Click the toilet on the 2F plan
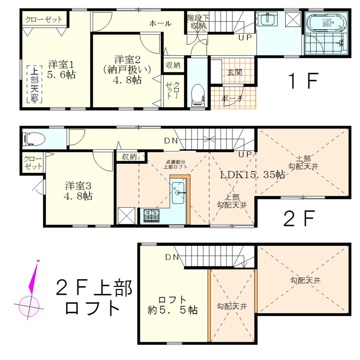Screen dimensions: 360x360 pyautogui.click(x=33, y=138)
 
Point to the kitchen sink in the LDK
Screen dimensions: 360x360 pyautogui.click(x=178, y=190)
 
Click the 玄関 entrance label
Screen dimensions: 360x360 pyautogui.click(x=234, y=72)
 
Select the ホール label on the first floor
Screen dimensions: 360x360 pyautogui.click(x=160, y=23)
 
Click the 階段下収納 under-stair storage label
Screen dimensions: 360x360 pyautogui.click(x=197, y=22)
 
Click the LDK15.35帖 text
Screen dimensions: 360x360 pyautogui.click(x=253, y=175)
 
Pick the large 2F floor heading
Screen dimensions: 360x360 pyautogui.click(x=300, y=218)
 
